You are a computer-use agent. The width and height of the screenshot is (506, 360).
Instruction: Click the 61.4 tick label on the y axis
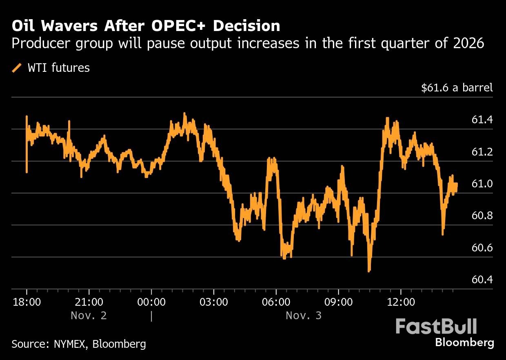click(482, 120)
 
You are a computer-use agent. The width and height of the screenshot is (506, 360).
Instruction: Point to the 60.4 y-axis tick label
click(482, 280)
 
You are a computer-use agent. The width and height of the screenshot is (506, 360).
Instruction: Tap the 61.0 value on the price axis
click(482, 184)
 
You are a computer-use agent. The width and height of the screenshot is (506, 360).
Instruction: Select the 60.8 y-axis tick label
click(482, 216)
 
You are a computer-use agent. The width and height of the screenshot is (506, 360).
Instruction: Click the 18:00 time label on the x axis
click(27, 302)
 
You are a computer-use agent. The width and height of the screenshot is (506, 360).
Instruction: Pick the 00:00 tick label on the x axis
click(151, 302)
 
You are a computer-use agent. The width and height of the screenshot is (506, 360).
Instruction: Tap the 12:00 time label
click(401, 302)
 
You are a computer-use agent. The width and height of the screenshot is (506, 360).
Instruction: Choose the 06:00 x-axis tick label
click(276, 302)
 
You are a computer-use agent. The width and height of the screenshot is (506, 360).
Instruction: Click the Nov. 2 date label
click(89, 316)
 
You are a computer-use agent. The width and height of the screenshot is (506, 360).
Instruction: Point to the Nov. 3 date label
click(304, 316)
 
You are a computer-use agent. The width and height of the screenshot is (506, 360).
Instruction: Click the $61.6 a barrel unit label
click(457, 87)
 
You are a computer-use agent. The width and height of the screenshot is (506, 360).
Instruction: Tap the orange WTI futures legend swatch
click(17, 68)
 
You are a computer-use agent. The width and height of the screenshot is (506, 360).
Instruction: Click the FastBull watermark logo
click(436, 327)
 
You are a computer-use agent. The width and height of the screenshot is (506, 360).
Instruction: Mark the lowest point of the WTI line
click(369, 271)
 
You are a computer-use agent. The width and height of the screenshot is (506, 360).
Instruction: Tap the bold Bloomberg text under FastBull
click(464, 342)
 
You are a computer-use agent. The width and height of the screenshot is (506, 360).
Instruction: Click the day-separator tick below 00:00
click(151, 316)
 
